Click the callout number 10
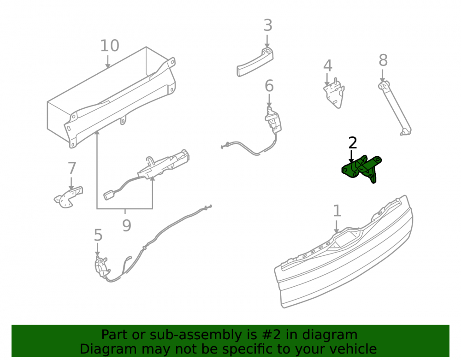(x=110, y=46)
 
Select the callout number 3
(x=268, y=25)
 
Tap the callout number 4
(x=327, y=66)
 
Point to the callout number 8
(x=383, y=60)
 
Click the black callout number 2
(x=353, y=143)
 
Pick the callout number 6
(x=269, y=86)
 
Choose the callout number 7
(x=72, y=168)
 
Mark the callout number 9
(x=126, y=226)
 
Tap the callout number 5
(x=98, y=236)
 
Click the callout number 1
(x=337, y=211)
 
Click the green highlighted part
(x=362, y=169)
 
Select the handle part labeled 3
(x=255, y=62)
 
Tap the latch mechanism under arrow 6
(x=273, y=120)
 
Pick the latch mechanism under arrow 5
(x=102, y=267)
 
